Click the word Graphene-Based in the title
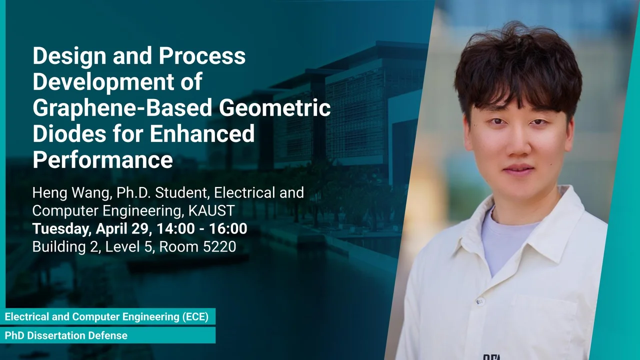tap(122, 108)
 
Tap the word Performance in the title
tap(103, 159)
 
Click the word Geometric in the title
tap(275, 107)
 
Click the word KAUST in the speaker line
tap(211, 210)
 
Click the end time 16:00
tap(228, 228)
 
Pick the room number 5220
tap(219, 246)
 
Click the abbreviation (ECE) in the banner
tap(195, 317)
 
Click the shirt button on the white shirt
tap(479, 301)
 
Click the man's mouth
tap(518, 168)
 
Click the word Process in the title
tap(202, 55)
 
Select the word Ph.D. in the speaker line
tap(133, 193)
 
